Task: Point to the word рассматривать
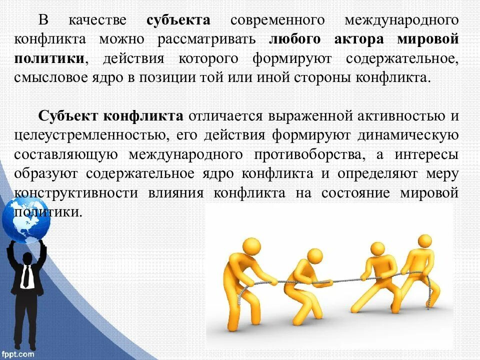pos(207,39)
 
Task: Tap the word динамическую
pos(408,135)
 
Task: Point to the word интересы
pos(426,154)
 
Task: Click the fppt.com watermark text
pos(18,354)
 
